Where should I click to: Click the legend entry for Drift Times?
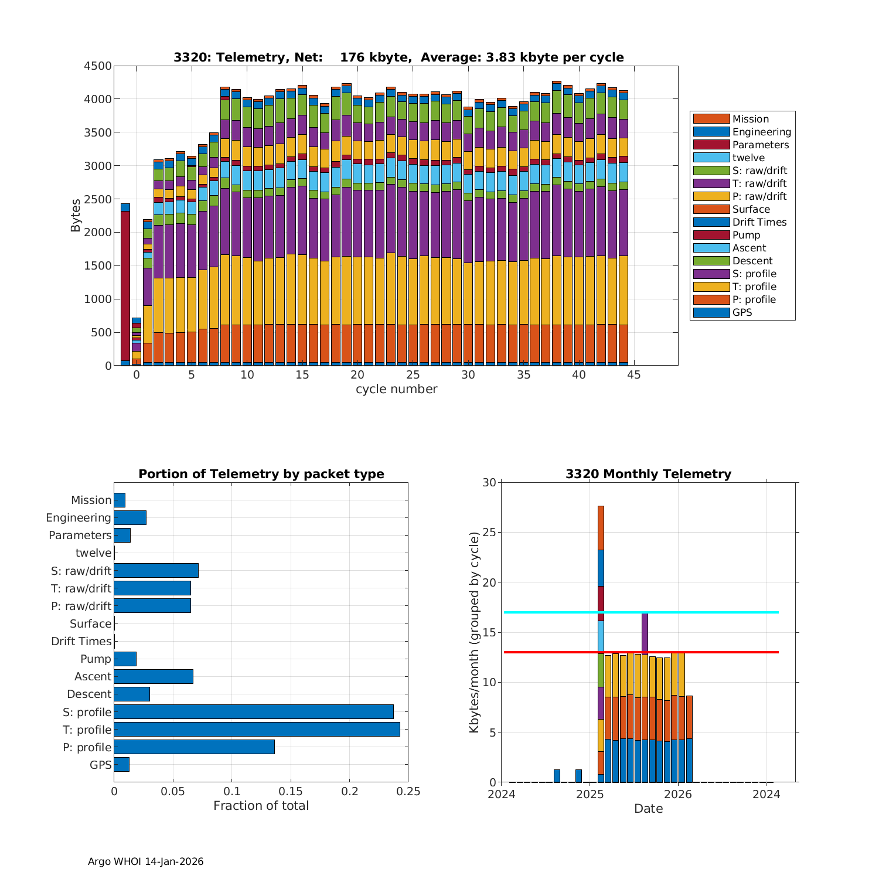pos(759,222)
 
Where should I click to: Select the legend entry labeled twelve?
pos(748,158)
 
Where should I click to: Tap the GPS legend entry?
pos(742,312)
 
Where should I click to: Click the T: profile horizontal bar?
pos(257,730)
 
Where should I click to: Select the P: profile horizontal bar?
pos(194,747)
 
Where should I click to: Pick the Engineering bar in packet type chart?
pos(130,517)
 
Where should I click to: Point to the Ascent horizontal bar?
pos(154,676)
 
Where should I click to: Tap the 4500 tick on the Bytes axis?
pos(97,66)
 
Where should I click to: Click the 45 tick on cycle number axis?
pos(634,375)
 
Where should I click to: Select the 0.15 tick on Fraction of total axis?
pos(291,792)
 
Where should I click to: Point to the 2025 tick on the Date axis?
pos(590,794)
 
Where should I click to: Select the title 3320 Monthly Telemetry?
pos(648,474)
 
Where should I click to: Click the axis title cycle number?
pos(396,389)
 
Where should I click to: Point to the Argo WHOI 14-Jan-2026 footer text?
pos(145,861)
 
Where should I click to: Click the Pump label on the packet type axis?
pos(96,659)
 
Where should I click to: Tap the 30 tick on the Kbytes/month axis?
pos(489,483)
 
